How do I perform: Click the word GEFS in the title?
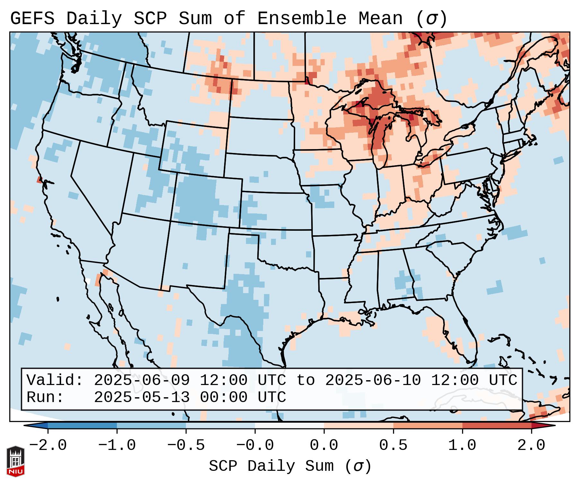[32, 19]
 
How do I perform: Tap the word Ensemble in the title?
[302, 19]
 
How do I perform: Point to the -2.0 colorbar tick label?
[48, 445]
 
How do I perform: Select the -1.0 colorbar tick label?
[117, 445]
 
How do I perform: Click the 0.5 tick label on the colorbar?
[393, 445]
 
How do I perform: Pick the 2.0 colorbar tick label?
[531, 445]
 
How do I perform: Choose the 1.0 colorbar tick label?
[462, 445]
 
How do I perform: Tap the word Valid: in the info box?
[55, 380]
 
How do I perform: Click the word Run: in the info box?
[45, 397]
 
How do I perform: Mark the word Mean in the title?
[381, 19]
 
